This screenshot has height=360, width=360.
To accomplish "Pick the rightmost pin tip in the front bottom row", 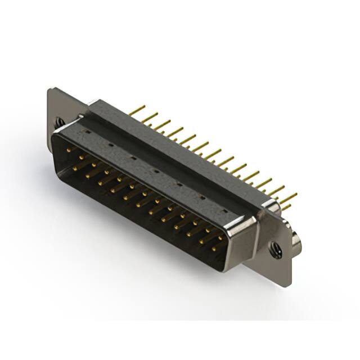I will pyautogui.click(x=214, y=247).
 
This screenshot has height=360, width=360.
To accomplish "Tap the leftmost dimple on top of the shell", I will pyautogui.click(x=87, y=132).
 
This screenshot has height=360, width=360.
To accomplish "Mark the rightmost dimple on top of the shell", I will pyautogui.click(x=224, y=211).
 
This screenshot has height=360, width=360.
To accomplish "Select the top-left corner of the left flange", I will pyautogui.click(x=51, y=90).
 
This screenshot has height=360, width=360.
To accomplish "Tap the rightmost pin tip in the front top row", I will pyautogui.click(x=219, y=237).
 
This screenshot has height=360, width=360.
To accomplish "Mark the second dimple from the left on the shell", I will pyautogui.click(x=110, y=145).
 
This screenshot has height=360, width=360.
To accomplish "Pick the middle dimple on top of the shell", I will pyautogui.click(x=155, y=171).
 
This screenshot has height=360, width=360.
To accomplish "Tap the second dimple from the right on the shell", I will pyautogui.click(x=201, y=197).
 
